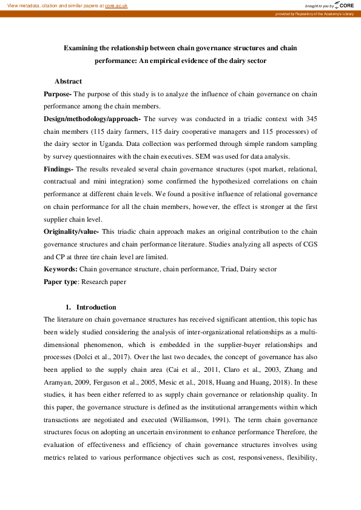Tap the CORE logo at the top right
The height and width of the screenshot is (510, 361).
[343, 5]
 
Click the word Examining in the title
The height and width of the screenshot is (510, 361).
[85, 47]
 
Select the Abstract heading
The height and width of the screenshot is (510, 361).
[68, 81]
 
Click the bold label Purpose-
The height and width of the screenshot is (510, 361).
[58, 94]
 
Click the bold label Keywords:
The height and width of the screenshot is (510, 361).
[61, 269]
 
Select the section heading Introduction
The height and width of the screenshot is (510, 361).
[96, 307]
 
